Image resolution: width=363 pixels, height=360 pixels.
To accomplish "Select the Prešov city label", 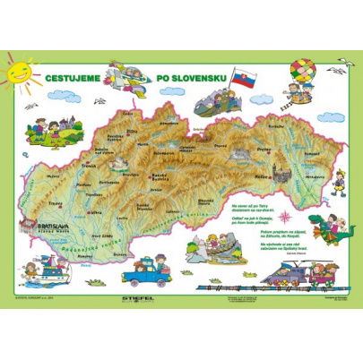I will click(x=264, y=148).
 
